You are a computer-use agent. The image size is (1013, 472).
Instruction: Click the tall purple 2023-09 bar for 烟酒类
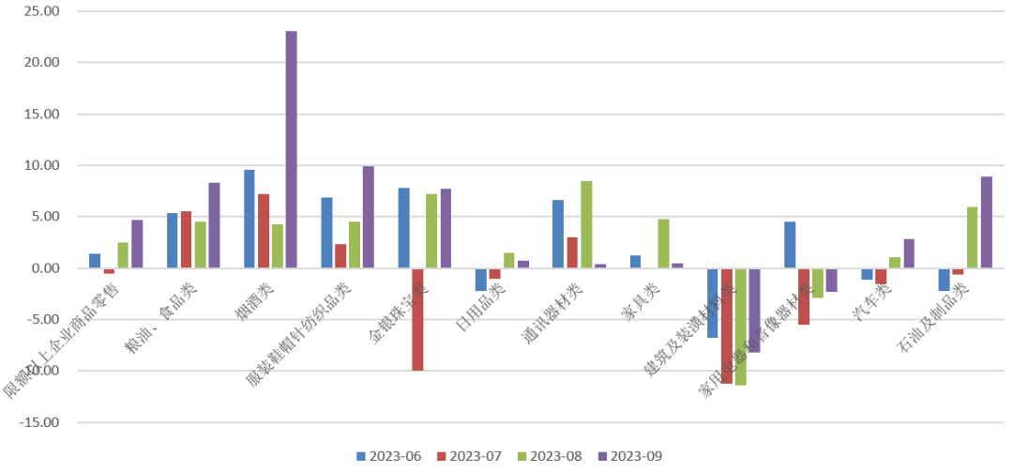(x=291, y=150)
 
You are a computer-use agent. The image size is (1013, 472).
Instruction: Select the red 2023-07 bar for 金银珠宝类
(x=416, y=319)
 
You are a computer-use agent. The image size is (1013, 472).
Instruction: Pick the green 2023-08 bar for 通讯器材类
(x=586, y=224)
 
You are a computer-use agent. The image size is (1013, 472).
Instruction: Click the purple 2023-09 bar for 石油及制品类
(x=960, y=222)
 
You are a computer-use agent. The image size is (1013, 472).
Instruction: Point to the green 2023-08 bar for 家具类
(x=663, y=243)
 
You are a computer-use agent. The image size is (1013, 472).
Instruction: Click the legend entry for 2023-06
(x=388, y=456)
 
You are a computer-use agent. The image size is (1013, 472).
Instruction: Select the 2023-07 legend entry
(x=468, y=456)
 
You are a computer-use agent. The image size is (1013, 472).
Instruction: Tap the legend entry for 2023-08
(x=549, y=456)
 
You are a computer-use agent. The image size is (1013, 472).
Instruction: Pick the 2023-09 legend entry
(x=629, y=456)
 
